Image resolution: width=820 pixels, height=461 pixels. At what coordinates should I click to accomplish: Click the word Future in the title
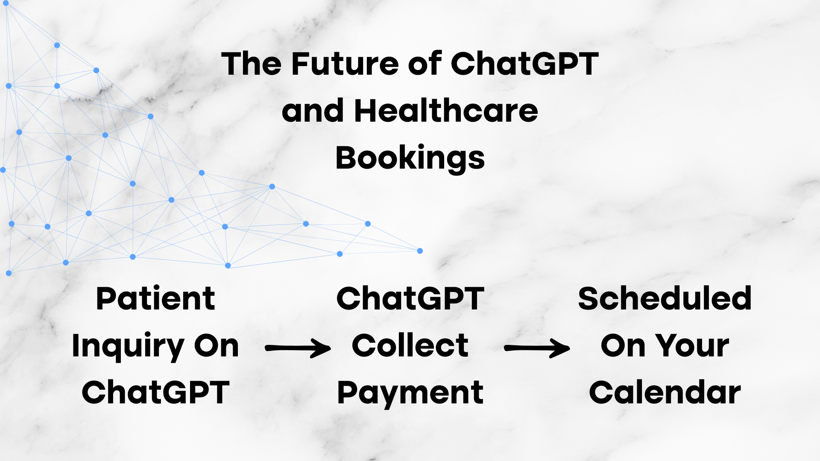(x=346, y=64)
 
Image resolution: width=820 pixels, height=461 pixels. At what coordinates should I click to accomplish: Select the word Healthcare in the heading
(x=446, y=111)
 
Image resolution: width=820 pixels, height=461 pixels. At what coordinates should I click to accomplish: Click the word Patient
(x=155, y=298)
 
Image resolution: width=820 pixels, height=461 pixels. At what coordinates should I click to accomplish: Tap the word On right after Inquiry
(x=216, y=346)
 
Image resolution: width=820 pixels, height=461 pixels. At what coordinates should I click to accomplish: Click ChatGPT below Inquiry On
(x=155, y=393)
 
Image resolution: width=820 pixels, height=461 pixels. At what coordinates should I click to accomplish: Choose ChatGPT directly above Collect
(x=410, y=298)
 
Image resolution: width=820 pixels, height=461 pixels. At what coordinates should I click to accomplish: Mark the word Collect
(x=410, y=346)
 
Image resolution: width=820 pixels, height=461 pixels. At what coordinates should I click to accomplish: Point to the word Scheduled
(x=665, y=298)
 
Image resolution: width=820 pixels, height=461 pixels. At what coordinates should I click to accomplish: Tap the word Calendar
(x=665, y=393)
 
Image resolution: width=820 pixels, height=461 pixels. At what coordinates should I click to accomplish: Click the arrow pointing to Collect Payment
(x=298, y=348)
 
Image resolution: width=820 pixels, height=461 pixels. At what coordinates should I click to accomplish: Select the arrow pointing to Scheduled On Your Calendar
(x=537, y=348)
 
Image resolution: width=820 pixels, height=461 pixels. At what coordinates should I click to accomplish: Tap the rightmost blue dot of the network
(x=420, y=251)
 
